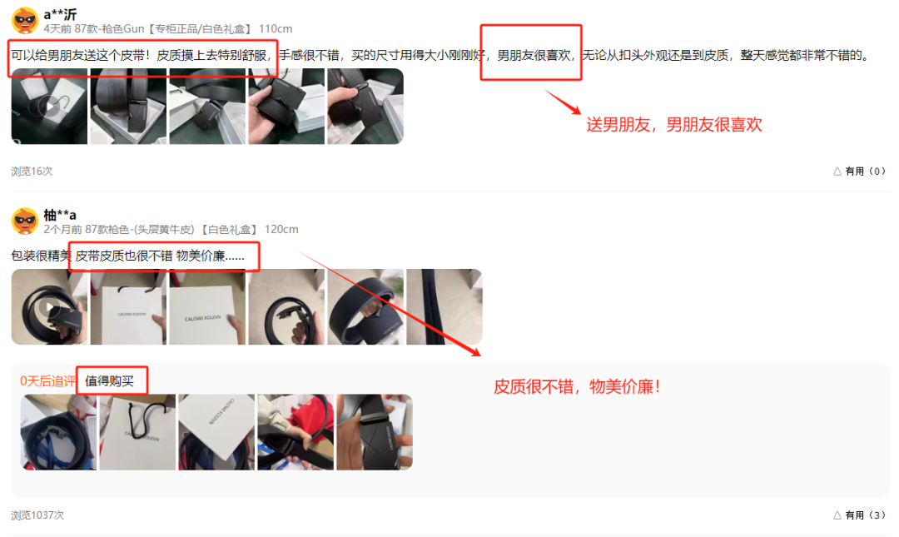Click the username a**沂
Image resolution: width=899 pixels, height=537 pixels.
tap(60, 14)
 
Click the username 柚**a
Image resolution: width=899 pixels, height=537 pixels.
tap(60, 215)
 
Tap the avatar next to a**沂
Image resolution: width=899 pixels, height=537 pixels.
tap(25, 21)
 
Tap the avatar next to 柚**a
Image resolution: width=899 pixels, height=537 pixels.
tap(25, 221)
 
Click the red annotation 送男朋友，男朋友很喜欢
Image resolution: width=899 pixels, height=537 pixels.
tap(673, 125)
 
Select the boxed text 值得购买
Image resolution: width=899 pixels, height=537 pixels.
tap(110, 381)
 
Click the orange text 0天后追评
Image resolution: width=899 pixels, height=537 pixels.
tap(47, 381)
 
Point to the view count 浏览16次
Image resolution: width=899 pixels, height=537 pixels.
tap(32, 171)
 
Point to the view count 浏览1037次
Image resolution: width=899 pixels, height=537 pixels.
tap(37, 515)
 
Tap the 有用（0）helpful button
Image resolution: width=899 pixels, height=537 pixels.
tap(859, 171)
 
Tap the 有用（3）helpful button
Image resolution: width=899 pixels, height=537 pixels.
tap(859, 515)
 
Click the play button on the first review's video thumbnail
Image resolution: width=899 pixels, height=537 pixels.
tap(50, 106)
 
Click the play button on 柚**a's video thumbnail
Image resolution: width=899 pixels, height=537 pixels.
tap(50, 307)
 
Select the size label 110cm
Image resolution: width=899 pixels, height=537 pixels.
tap(276, 28)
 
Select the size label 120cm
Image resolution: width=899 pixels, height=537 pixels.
tap(281, 230)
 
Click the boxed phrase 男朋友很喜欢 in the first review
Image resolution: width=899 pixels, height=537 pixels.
tap(534, 55)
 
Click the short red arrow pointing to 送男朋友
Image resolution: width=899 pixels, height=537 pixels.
tap(563, 102)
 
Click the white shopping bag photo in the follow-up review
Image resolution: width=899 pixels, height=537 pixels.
tap(137, 432)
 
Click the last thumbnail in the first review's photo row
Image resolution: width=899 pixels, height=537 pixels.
tap(365, 106)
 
